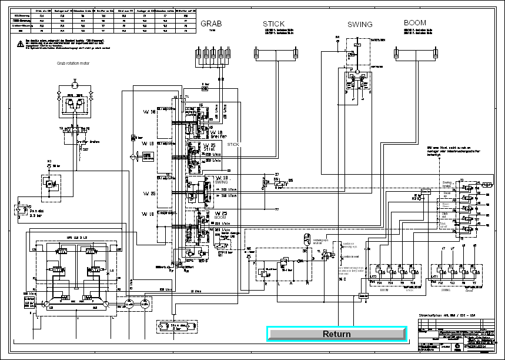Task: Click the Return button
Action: point(336,334)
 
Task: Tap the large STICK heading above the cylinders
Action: point(274,24)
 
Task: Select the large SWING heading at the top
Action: point(360,25)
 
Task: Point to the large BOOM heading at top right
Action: point(414,24)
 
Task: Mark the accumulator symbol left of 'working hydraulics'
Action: point(306,239)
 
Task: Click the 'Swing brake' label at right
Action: point(448,184)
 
